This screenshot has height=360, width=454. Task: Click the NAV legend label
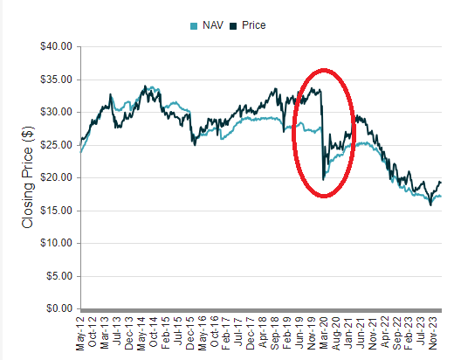coord(210,25)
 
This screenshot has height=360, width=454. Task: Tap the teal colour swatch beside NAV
coord(193,26)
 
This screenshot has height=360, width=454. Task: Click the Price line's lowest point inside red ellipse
coord(323,179)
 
